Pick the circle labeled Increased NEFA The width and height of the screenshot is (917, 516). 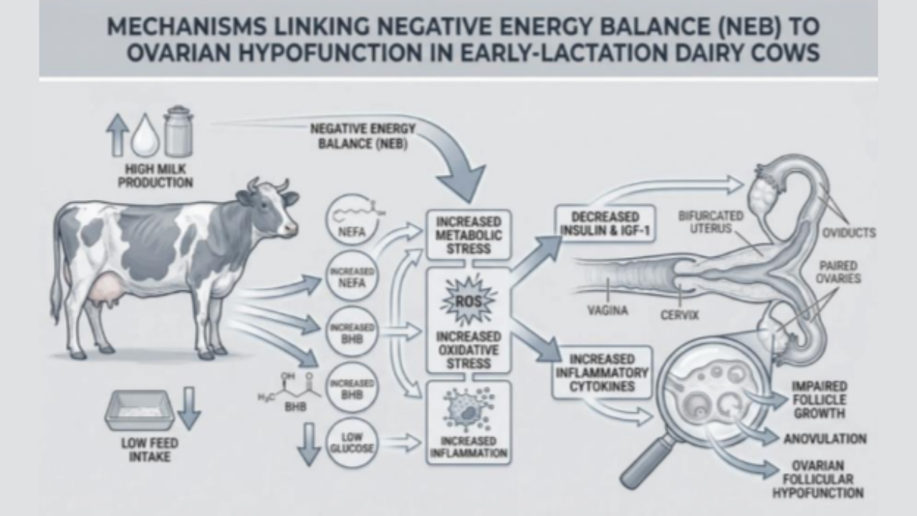coord(351,277)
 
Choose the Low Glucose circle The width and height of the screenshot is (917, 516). coord(351,444)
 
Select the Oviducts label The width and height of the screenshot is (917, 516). coord(848,233)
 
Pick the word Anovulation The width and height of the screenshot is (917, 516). coord(824,439)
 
